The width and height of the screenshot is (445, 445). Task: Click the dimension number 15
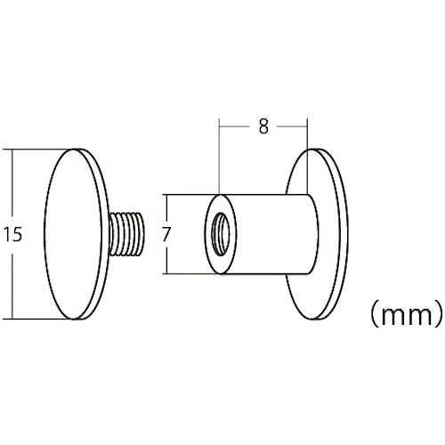click(12, 235)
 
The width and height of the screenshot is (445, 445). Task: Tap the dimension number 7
click(165, 235)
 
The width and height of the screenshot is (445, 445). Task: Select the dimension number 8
click(263, 126)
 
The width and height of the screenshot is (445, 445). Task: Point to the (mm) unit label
click(405, 313)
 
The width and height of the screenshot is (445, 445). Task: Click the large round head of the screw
click(74, 233)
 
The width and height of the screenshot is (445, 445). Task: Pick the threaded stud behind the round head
click(128, 233)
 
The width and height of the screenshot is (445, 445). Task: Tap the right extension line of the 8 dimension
click(309, 151)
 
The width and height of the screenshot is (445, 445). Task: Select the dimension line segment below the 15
click(12, 280)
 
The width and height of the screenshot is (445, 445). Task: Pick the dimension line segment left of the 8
click(236, 126)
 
